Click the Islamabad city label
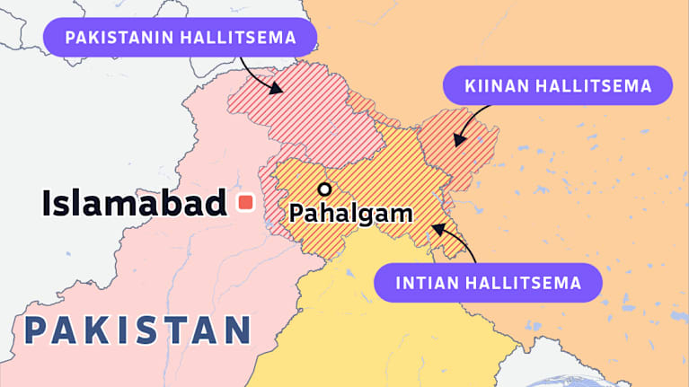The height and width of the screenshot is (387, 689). pos(133,204)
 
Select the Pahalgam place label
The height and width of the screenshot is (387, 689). pos(349,214)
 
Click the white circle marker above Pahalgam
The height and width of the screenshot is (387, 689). pos(324,189)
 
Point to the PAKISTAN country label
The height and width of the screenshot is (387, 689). pos(137,330)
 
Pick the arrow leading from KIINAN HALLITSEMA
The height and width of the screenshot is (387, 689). pos(472,121)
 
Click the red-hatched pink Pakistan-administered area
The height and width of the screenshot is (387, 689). pos(305,112)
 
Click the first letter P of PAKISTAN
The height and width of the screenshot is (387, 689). pos(37,330)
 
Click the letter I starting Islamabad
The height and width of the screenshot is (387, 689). pos(47,204)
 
